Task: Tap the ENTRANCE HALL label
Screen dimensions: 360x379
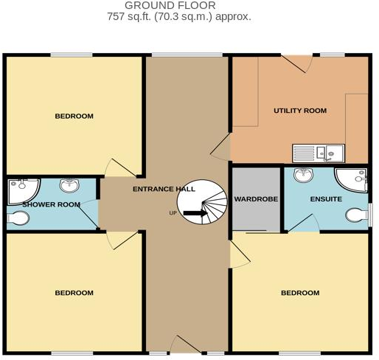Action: pos(164,189)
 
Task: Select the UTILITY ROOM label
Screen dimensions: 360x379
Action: pos(299,111)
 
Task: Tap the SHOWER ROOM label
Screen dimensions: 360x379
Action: pos(51,204)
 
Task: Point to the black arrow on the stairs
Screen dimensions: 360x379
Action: pos(195,215)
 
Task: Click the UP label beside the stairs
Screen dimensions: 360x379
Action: pos(173,215)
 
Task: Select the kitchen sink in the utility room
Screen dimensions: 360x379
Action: pos(318,153)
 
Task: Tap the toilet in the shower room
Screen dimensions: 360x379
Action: pos(18,218)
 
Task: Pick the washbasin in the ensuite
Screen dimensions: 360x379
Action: pos(302,175)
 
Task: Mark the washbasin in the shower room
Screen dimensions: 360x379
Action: pos(69,184)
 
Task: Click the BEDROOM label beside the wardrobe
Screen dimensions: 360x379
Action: pos(299,293)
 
